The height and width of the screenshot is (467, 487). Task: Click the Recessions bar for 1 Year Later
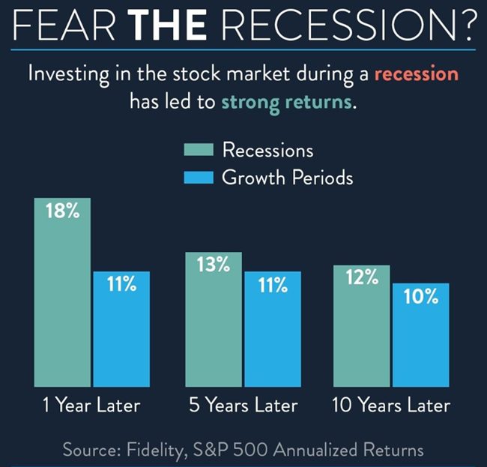coord(62,292)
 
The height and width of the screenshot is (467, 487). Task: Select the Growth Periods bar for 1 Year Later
coord(121,329)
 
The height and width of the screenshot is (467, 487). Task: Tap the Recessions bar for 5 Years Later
coord(214,319)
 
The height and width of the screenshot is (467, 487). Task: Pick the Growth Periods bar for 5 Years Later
coord(273,329)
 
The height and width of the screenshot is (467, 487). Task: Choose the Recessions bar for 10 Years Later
coord(362,326)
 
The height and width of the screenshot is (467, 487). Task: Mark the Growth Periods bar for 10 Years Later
coord(421,335)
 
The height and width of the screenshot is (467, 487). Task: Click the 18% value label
coord(63,211)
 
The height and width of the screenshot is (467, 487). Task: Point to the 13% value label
coord(214,265)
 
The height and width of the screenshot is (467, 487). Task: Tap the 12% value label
coord(362,277)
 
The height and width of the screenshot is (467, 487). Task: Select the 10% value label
coord(421,296)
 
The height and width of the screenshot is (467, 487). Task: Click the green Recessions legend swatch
coord(199,149)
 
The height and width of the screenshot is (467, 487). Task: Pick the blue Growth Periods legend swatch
coord(199,178)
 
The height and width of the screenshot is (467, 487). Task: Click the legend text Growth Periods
coord(287,178)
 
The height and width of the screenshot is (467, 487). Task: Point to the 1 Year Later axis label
coord(91,406)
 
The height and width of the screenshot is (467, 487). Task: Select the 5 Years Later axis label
coord(243,406)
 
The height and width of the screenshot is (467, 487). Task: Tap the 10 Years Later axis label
coord(391,406)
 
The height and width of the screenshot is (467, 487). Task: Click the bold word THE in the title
coord(168,25)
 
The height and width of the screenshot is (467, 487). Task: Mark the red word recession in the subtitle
coord(417,74)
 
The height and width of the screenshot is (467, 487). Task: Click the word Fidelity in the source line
coord(157,451)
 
